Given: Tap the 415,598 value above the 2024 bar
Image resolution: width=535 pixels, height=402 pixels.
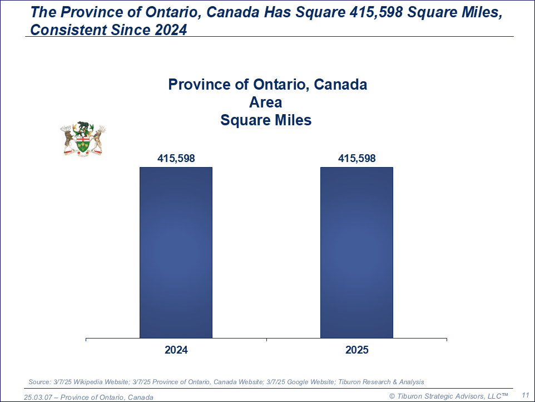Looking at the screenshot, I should (176, 159).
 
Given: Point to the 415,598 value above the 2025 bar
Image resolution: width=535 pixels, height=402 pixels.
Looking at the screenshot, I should (356, 159).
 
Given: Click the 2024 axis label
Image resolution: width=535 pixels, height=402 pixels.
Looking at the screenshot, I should (176, 350).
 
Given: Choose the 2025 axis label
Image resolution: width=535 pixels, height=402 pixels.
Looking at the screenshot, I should (356, 350).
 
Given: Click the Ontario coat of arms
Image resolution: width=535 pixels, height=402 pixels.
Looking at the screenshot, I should (83, 139).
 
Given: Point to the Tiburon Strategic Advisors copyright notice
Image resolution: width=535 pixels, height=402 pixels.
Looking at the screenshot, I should (448, 395).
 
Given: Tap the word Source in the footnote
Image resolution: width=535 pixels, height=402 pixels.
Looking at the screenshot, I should (38, 382).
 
